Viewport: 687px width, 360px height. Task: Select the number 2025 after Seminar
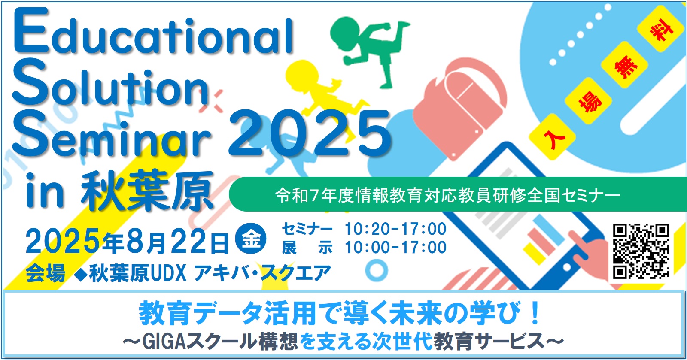point(309,133)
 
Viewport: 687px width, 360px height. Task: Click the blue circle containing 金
point(251,239)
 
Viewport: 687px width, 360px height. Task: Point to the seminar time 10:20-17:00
point(395,229)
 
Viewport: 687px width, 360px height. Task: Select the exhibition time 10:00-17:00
point(395,248)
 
